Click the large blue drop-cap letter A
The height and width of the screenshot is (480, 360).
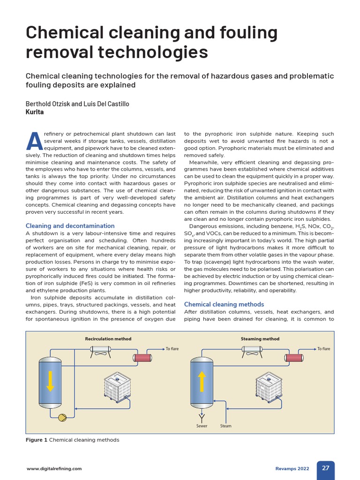34,142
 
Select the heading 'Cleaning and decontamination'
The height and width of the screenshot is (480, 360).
70,225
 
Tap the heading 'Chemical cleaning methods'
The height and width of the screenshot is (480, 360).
224,304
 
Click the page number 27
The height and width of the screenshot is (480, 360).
325,468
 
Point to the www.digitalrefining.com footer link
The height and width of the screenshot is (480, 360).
54,468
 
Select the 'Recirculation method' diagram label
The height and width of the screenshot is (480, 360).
108,339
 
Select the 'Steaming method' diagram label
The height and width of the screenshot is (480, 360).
260,339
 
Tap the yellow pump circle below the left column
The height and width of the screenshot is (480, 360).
62,417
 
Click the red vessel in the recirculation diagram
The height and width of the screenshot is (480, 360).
142,358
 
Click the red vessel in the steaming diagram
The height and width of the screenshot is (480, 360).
293,358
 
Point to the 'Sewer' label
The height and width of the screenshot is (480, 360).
202,426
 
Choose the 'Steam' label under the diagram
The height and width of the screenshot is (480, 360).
226,426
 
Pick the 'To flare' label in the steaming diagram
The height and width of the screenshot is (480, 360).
323,349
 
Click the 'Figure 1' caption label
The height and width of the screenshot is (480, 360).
37,440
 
